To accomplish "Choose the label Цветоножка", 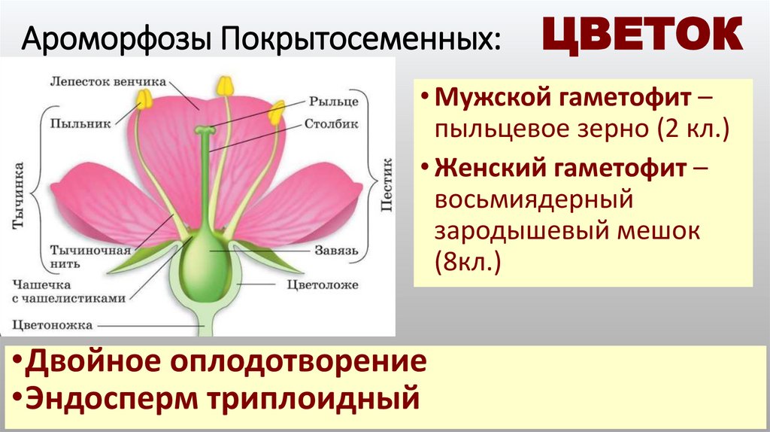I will [x=53, y=325].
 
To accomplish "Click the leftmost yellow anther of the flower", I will [x=143, y=99].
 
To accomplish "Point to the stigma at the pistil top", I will [x=205, y=132].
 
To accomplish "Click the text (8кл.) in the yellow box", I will [x=466, y=263].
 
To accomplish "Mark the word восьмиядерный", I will [x=531, y=201].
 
